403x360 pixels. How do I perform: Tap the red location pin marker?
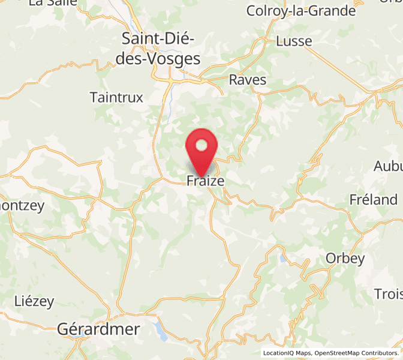[202, 153]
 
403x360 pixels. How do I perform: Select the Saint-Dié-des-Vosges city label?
[161, 49]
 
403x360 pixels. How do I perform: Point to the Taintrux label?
[116, 97]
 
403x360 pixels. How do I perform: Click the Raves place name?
[248, 80]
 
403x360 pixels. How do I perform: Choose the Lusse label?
[294, 41]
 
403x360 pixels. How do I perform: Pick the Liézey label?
[34, 302]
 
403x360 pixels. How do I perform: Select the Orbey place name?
[345, 259]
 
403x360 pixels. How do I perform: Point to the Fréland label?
[374, 200]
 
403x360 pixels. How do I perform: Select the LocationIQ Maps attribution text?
[287, 353]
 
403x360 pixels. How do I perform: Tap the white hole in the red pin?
[202, 145]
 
